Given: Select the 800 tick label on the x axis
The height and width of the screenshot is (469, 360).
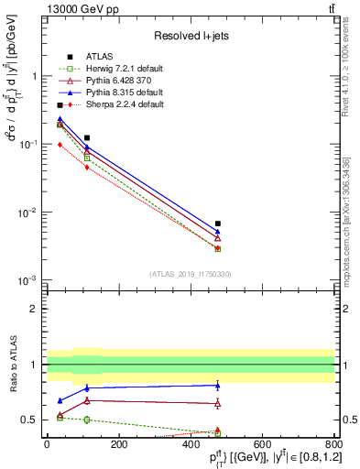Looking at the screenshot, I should click(333, 443).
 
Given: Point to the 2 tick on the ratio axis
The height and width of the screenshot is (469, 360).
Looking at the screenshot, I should click(34, 309).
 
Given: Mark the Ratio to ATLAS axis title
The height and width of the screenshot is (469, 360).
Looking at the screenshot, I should click(12, 365).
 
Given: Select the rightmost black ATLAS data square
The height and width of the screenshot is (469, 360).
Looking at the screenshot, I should click(217, 224).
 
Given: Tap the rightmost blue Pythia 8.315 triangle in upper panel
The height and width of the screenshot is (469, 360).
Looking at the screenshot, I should click(217, 232).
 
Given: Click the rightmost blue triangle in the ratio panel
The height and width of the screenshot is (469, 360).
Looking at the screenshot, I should click(217, 385).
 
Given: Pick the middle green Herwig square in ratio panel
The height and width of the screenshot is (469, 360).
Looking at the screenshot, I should click(87, 420).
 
